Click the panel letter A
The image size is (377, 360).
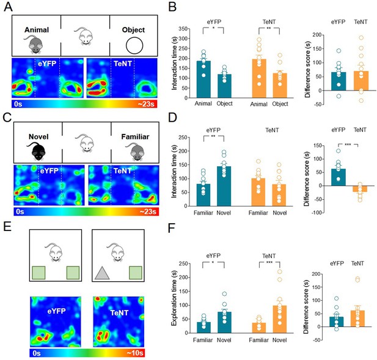click(x=8, y=7)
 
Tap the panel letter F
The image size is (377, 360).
click(x=172, y=228)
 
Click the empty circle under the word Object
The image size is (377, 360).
click(x=134, y=45)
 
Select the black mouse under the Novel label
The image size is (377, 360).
click(x=37, y=151)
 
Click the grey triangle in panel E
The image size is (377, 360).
click(x=102, y=273)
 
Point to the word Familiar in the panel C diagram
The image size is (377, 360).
click(x=135, y=137)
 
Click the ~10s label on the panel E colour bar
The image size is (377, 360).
click(x=135, y=353)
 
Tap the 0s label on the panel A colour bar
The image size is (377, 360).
click(x=18, y=104)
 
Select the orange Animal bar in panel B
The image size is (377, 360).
click(x=259, y=78)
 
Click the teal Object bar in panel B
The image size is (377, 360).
click(x=224, y=86)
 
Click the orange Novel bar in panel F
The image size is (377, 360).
click(x=280, y=320)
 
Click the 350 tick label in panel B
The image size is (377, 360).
click(x=183, y=29)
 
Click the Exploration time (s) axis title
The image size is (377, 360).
click(x=174, y=298)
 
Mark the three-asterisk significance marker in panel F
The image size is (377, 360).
click(x=269, y=262)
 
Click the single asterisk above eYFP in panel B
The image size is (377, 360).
click(x=213, y=28)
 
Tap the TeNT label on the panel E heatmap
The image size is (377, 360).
click(x=119, y=313)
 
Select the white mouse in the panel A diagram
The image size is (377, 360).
click(x=84, y=36)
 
